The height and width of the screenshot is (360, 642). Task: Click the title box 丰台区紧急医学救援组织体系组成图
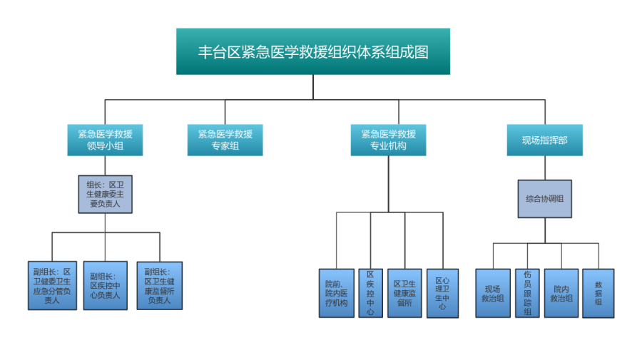(312, 51)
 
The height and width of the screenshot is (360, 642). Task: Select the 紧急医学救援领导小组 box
(105, 140)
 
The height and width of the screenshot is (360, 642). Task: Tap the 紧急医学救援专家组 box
(225, 140)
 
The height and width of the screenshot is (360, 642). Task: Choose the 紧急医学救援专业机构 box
(388, 140)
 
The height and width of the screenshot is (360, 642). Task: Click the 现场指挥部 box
(544, 140)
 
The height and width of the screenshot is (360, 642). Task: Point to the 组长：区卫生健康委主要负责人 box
(105, 194)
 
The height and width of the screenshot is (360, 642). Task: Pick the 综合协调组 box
(544, 198)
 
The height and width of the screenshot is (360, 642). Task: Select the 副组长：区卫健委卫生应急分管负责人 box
(52, 285)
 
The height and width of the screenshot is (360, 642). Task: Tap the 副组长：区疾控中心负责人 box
(105, 285)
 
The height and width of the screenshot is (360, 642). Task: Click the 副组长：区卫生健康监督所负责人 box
(159, 285)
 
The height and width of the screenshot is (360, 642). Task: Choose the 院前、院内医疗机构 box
(336, 293)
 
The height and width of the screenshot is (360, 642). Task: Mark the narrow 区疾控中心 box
(370, 293)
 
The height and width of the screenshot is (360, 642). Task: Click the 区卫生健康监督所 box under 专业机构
(404, 293)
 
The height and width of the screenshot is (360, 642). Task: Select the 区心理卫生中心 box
(442, 293)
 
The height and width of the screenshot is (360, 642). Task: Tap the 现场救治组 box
(493, 293)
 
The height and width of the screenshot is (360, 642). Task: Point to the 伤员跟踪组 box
(527, 293)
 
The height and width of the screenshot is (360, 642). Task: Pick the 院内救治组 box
(561, 293)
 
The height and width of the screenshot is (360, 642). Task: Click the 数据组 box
(598, 293)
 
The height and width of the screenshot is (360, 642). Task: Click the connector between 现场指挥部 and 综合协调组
(545, 168)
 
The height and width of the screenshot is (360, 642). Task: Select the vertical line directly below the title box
(312, 87)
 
